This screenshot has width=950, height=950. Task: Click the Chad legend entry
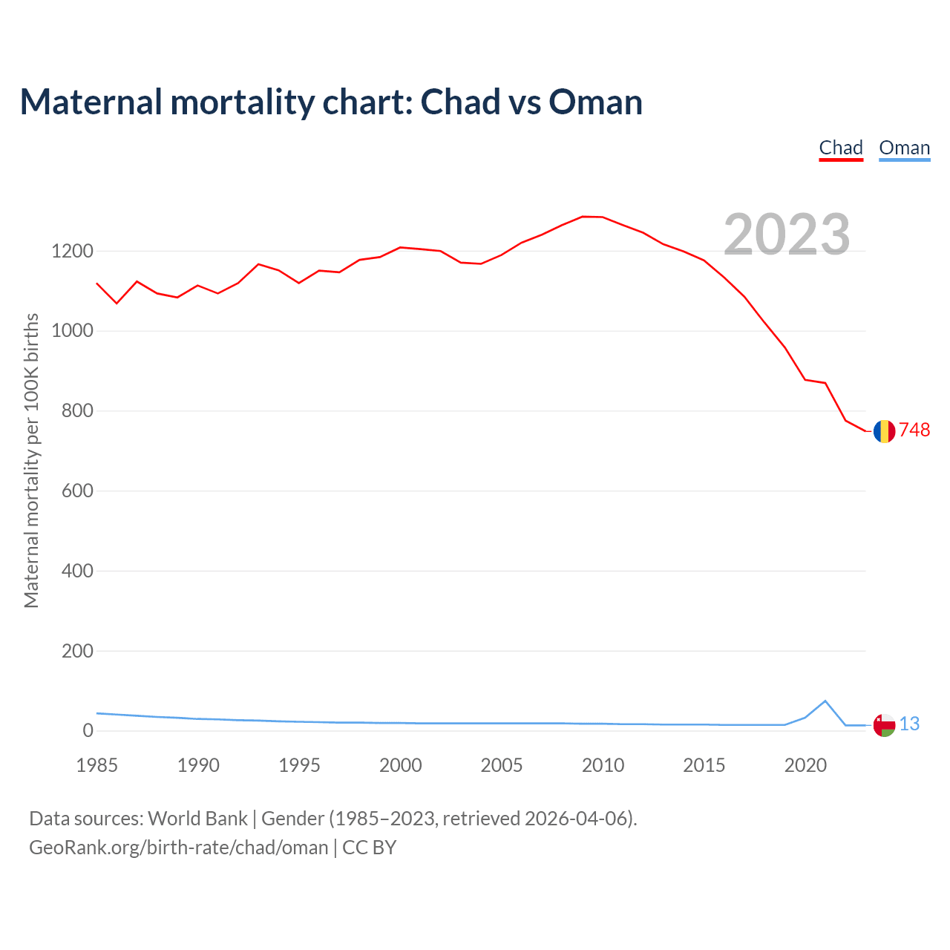[841, 148]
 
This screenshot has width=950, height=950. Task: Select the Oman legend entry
[904, 148]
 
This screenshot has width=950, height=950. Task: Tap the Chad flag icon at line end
[884, 431]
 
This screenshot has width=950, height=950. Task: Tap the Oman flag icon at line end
[884, 725]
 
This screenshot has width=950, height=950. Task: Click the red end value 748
[914, 430]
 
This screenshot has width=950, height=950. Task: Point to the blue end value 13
[909, 724]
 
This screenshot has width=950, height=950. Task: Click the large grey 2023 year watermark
[787, 235]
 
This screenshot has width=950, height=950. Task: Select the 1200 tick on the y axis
[72, 252]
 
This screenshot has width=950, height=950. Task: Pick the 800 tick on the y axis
[77, 411]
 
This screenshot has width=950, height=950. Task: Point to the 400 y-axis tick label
[77, 571]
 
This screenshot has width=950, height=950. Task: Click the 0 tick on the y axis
[88, 731]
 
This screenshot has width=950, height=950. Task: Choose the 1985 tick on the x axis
[97, 765]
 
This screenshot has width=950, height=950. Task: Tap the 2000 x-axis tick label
[401, 765]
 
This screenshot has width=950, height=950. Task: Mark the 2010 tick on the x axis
[603, 765]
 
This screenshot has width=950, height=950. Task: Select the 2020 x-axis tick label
[805, 765]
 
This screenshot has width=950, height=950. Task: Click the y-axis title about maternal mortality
[31, 461]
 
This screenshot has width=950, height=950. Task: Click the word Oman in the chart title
[595, 102]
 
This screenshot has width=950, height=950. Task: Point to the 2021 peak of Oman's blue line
[825, 701]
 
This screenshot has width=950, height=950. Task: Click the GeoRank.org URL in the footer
[178, 848]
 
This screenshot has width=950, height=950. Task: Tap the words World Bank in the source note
[197, 819]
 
